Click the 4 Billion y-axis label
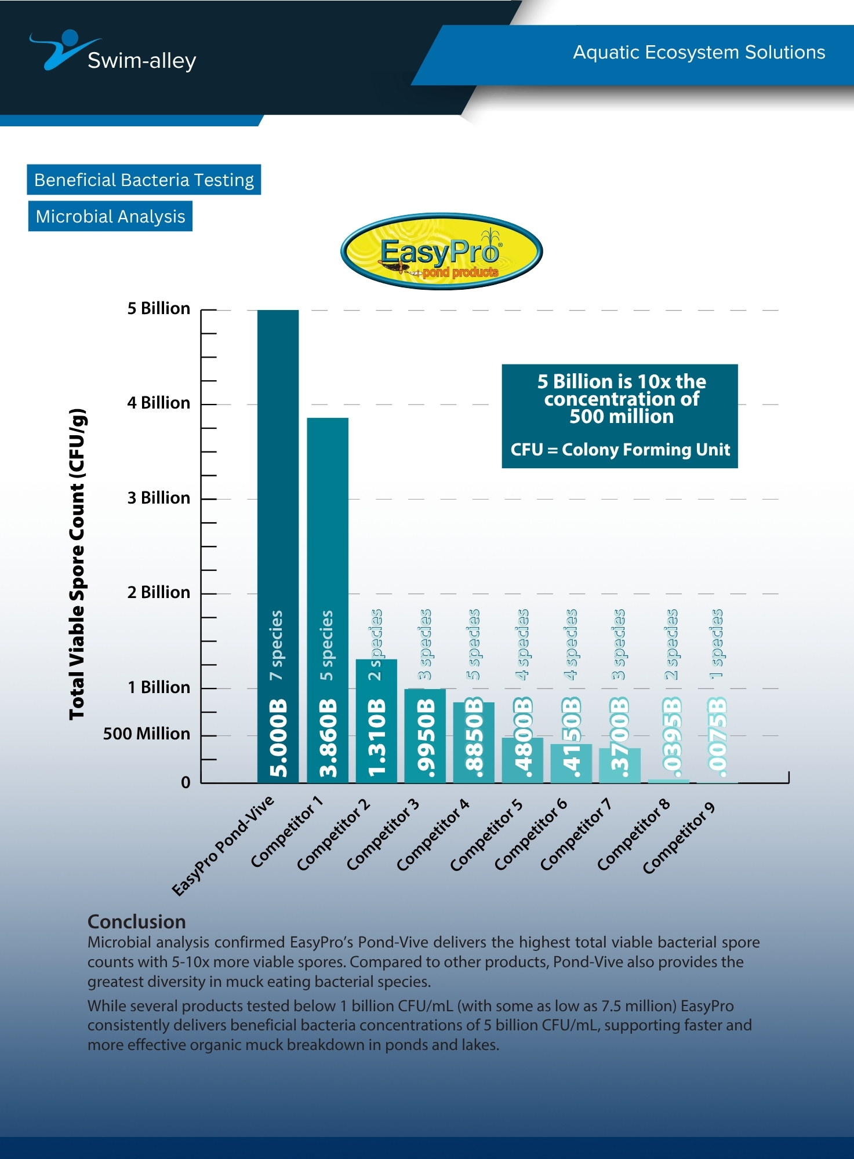(x=158, y=403)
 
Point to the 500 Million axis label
(x=146, y=734)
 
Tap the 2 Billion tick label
(x=158, y=592)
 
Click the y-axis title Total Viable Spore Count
(x=77, y=564)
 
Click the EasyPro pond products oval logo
(x=441, y=252)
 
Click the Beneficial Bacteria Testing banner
(x=144, y=180)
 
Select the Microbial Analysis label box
(x=110, y=216)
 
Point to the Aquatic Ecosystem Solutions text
(x=699, y=52)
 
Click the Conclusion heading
(x=136, y=921)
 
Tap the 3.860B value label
(x=328, y=737)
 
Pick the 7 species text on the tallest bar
(x=277, y=645)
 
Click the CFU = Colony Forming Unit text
(x=620, y=450)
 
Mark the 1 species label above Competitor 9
(x=717, y=643)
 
